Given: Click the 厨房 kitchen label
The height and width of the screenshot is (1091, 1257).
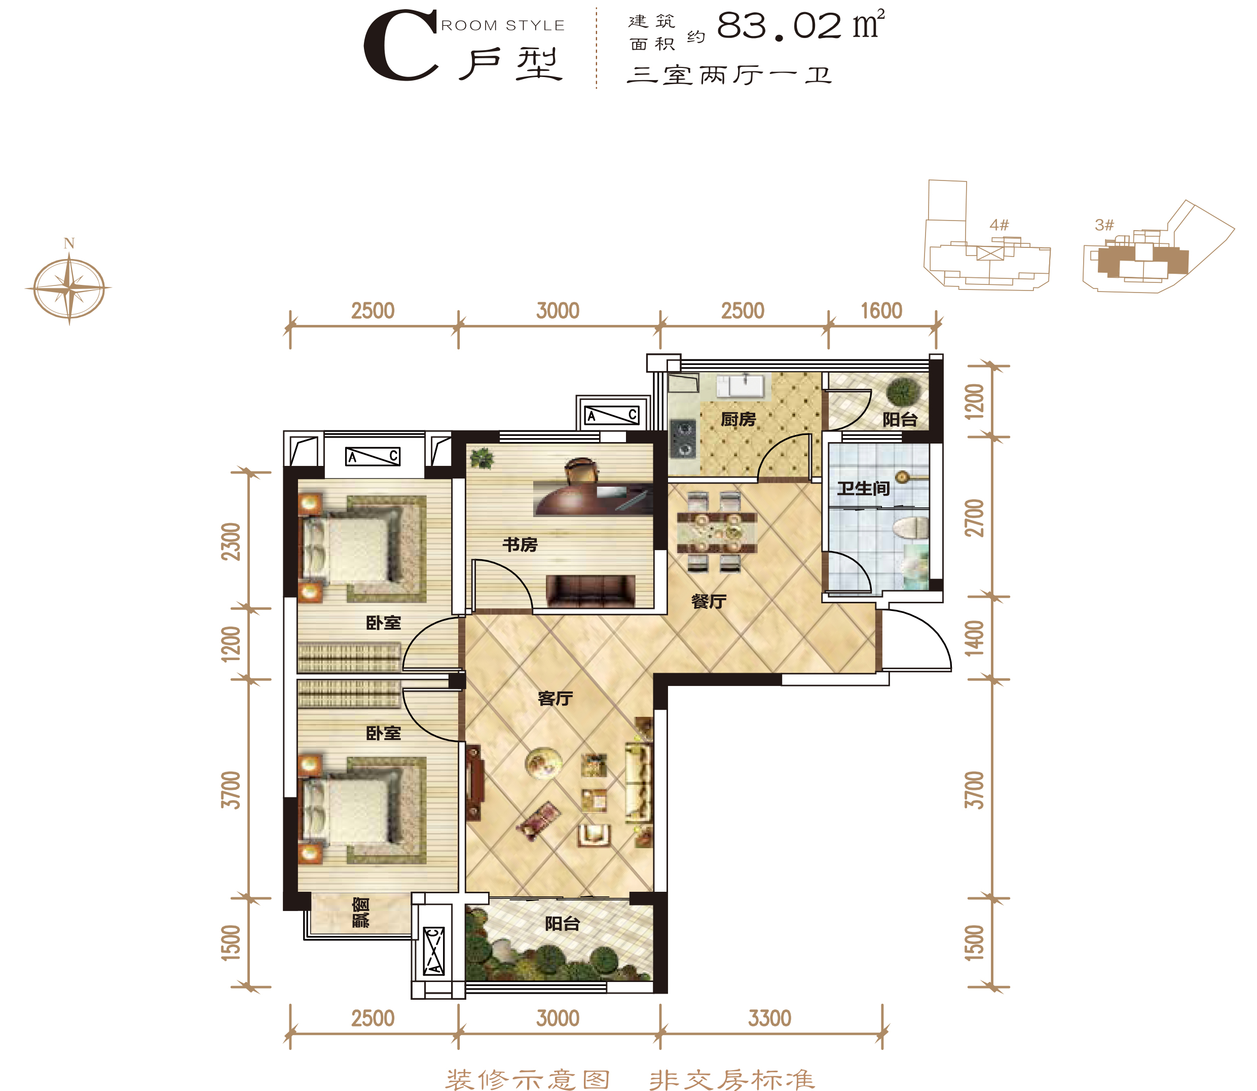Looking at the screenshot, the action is coord(738,419).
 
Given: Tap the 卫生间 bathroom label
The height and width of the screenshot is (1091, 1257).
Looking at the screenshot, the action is coord(863,488).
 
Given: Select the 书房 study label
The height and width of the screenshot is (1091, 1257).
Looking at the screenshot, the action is coord(520,544).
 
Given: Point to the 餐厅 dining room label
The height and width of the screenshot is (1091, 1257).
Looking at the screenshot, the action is coord(709,601).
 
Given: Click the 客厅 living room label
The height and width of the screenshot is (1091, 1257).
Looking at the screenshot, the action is coord(555,698).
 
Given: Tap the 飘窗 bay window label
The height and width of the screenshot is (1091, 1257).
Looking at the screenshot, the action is coord(361,912).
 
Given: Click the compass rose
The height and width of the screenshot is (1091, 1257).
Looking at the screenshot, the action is coord(69,287).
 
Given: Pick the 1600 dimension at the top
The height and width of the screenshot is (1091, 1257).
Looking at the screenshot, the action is coord(881,311).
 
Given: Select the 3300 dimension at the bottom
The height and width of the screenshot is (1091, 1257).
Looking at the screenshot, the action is coord(769,1019).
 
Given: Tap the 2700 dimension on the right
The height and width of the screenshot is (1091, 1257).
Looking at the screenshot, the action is coord(974,518).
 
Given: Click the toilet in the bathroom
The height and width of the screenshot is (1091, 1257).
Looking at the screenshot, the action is coord(911,527).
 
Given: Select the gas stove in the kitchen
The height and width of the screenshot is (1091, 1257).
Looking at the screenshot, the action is coord(683,439).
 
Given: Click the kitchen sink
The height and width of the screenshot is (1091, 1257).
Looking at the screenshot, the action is coord(744,386).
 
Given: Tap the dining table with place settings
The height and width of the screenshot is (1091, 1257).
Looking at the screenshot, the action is coord(717,532).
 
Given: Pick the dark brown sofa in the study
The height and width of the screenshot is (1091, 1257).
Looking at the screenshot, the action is coord(590,591).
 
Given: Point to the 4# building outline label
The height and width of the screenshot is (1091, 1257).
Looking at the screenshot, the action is coord(1000,225).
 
